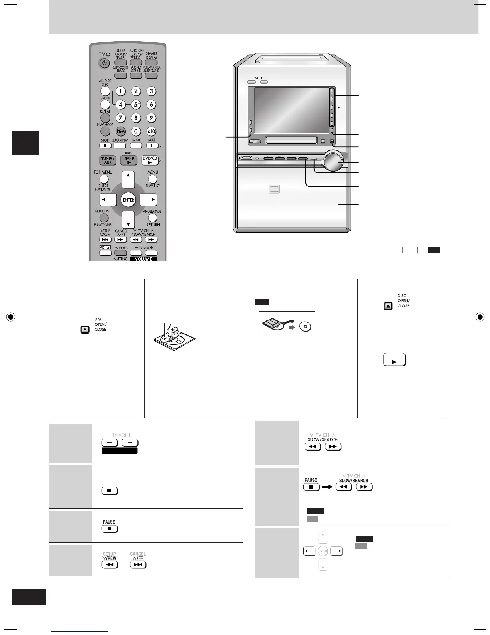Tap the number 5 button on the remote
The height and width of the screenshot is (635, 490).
pos(136,105)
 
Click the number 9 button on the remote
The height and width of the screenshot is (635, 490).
pos(151,118)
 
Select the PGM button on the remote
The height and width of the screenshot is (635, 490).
pos(120,131)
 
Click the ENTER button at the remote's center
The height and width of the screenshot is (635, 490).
pos(128,200)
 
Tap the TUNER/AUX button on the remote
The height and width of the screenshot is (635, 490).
pos(108,160)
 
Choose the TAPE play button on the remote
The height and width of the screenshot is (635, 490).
pos(129,160)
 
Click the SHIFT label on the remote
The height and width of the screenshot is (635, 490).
pos(105,247)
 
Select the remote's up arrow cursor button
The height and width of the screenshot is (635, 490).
pos(128,179)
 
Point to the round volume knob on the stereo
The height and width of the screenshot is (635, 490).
pos(334,161)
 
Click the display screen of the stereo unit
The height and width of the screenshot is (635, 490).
pos(291,110)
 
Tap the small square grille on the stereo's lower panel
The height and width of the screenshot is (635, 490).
pos(274,189)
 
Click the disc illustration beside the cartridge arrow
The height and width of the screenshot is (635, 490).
pos(305,326)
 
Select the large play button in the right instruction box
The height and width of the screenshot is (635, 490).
pos(394,360)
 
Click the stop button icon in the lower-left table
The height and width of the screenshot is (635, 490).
pos(110,491)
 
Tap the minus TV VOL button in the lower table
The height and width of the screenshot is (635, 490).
pos(110,443)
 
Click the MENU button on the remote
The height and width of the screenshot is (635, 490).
pos(153,179)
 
